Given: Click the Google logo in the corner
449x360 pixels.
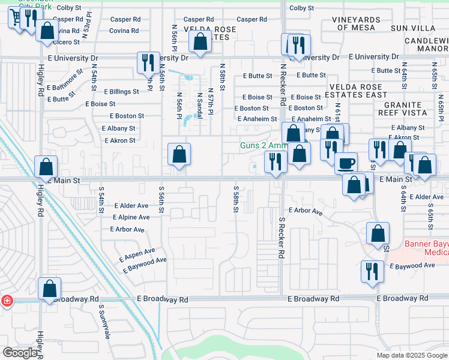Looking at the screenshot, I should (20, 353).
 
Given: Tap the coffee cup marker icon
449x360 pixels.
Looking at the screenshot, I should (346, 163).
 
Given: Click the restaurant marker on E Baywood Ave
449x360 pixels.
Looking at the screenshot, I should (373, 271).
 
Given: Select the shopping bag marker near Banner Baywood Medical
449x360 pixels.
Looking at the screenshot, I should (378, 233).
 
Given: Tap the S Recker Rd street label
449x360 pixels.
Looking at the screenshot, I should (281, 238).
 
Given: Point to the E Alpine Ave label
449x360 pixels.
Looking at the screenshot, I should (130, 217).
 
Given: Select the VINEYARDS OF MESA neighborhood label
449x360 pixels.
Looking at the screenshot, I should (356, 23).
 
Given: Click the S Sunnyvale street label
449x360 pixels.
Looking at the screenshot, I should (104, 325).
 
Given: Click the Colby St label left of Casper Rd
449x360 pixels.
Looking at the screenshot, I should (68, 8).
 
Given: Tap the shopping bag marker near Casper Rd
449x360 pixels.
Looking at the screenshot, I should (200, 41).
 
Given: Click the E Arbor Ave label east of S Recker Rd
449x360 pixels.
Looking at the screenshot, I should (306, 211).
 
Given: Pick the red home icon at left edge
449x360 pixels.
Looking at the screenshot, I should (6, 301).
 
